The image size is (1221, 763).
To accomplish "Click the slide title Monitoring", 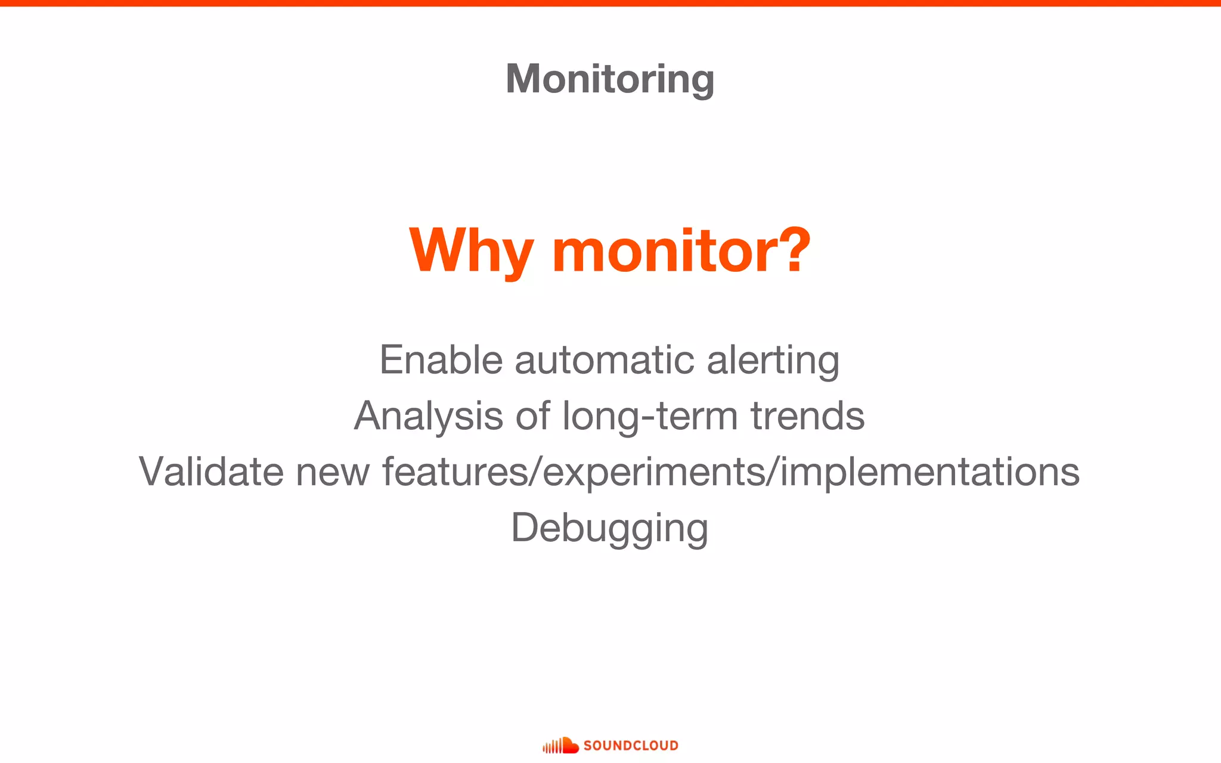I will [610, 79].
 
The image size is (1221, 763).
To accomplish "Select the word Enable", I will [441, 360].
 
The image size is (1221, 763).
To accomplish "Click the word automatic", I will [605, 360].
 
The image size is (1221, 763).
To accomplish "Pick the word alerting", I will [773, 361].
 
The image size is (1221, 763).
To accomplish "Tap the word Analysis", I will [429, 416].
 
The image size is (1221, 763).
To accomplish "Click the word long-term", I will [650, 416].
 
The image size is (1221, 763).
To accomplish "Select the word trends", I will [807, 416].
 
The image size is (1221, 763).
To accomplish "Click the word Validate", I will [211, 472].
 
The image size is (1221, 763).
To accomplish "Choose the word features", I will [455, 472].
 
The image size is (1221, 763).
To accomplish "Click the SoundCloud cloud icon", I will [561, 745].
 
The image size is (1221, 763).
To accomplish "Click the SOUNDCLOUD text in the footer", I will [631, 746].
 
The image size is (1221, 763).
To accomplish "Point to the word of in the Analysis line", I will [532, 416].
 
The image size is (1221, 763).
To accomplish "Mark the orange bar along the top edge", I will [610, 3].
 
